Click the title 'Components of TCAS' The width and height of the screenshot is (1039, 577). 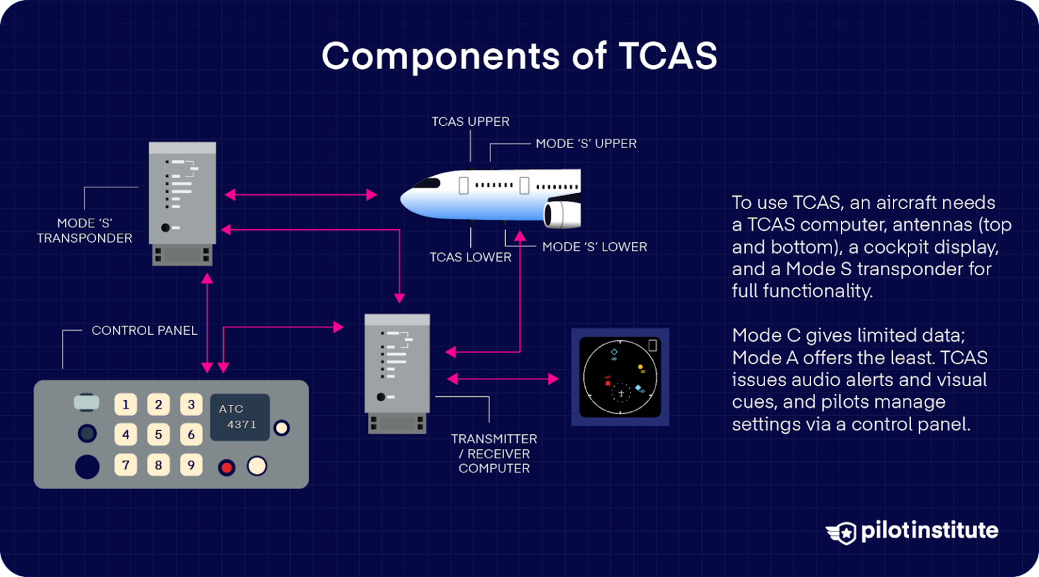point(519,55)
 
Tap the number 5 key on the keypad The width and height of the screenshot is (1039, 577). point(158,434)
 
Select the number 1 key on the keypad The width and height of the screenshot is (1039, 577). point(126,405)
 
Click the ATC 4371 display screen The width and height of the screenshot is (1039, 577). point(239,417)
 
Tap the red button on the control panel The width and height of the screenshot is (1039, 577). point(227,467)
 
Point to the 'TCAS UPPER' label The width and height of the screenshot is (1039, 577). point(470,122)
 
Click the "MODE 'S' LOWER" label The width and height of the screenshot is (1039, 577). point(594,247)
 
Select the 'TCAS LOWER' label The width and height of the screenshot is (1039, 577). point(470,257)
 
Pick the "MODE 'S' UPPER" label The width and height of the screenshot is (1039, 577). point(586,143)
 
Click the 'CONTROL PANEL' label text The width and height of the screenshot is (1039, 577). point(144,331)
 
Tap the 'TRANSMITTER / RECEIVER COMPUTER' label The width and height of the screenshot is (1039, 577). point(494,453)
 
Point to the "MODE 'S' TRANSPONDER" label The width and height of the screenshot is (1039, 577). point(85,231)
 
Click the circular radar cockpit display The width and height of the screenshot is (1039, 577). point(620,377)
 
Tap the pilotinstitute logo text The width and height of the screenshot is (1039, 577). point(929,530)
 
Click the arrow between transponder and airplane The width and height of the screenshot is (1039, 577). point(300,195)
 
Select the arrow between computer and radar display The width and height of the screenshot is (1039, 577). point(503,379)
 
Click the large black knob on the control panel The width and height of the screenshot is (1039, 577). point(87,467)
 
